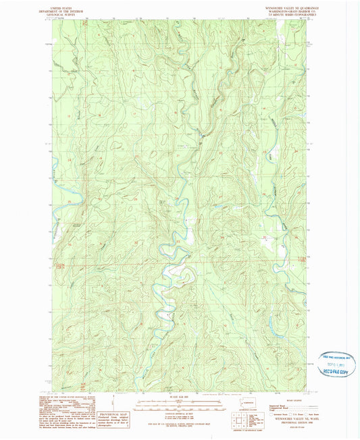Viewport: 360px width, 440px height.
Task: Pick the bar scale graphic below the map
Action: (x=179, y=404)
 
